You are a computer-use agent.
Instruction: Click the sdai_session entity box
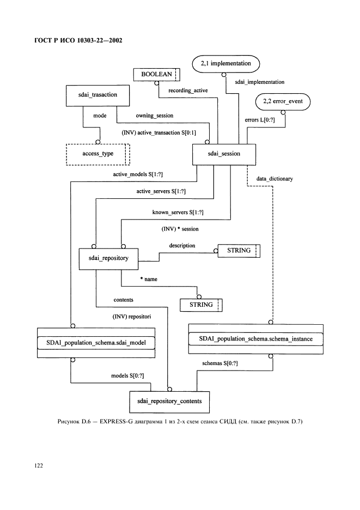(224, 154)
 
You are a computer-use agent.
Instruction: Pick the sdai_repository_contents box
(169, 401)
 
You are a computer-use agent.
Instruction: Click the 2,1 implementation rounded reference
(226, 64)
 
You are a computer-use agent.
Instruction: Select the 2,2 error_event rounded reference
(283, 101)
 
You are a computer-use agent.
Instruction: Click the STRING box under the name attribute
(202, 305)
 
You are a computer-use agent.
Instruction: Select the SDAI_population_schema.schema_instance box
(255, 339)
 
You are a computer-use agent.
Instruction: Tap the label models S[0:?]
(128, 376)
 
